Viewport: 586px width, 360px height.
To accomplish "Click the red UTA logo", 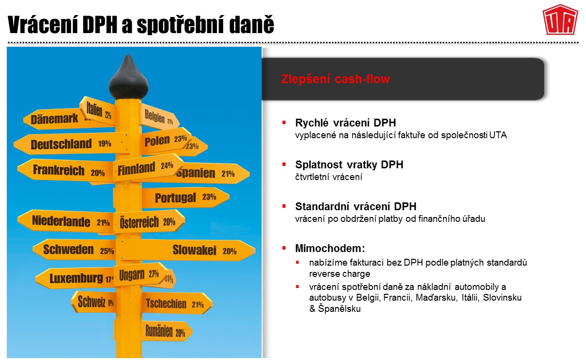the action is [x=560, y=19].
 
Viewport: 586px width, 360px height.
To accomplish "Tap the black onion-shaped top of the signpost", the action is [x=128, y=77].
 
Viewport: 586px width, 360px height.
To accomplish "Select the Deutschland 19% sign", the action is [x=71, y=144].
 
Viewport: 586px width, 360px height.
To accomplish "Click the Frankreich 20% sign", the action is [x=65, y=170].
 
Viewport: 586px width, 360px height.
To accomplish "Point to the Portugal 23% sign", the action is [x=185, y=198].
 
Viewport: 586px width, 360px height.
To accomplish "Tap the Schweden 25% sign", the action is [x=74, y=250].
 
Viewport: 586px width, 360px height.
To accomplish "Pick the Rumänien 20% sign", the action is [x=166, y=331].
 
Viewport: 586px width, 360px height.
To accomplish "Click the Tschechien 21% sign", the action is [x=177, y=304].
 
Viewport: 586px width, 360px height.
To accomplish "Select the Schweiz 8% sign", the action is [x=94, y=302].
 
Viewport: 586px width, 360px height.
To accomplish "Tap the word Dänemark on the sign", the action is [x=54, y=119].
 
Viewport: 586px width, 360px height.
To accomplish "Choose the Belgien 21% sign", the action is [x=160, y=117].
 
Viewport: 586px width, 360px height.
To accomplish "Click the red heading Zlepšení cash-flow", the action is [x=336, y=79].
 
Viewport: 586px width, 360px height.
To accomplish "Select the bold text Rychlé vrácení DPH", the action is [x=345, y=123].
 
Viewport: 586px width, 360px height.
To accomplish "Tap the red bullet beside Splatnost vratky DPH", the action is [x=284, y=164].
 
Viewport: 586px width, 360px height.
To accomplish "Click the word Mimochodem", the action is [x=328, y=248].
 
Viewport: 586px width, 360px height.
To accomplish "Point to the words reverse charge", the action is [x=339, y=274].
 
